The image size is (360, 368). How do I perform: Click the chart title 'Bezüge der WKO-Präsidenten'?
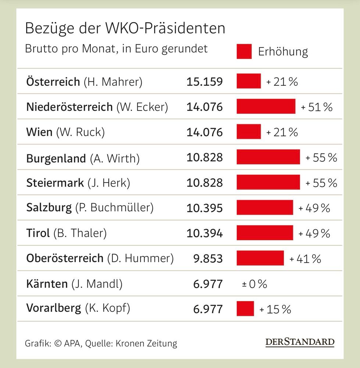click(125, 28)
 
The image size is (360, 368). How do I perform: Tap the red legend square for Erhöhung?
click(244, 52)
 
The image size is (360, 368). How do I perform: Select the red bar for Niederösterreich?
click(266, 106)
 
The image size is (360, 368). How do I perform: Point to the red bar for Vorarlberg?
click(245, 308)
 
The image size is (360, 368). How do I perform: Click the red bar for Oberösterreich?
click(260, 258)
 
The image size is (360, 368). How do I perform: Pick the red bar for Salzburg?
click(265, 208)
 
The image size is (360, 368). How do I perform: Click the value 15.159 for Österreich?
click(204, 81)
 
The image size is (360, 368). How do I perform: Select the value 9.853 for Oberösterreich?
click(208, 258)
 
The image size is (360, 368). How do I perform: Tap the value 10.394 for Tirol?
click(204, 233)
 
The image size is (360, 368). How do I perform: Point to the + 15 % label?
click(275, 309)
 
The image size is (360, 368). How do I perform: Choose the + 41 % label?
click(305, 259)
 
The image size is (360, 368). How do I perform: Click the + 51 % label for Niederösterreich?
click(317, 107)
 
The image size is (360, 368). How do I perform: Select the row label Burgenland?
click(56, 158)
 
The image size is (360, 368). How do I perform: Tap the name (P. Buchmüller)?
click(114, 208)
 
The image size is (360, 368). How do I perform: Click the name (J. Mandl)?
click(97, 284)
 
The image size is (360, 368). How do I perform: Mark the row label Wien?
click(39, 132)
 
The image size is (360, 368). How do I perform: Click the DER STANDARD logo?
click(300, 342)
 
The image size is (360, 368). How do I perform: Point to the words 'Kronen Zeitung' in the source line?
click(146, 343)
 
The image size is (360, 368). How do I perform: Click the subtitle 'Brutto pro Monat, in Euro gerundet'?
click(116, 49)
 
